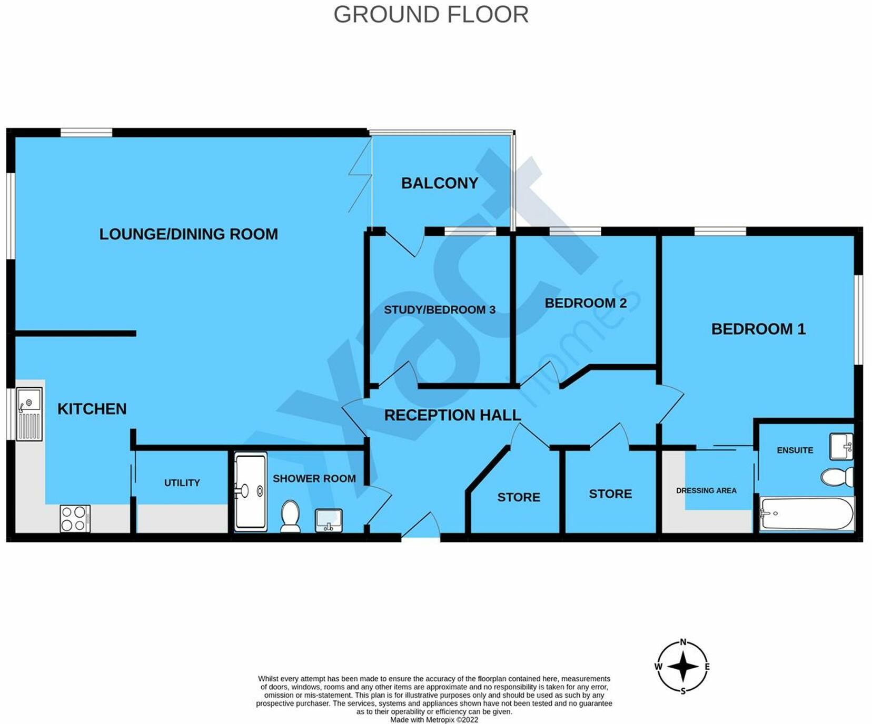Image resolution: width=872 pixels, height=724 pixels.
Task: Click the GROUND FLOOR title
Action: [431, 15]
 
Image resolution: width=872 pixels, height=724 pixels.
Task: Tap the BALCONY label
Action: [439, 183]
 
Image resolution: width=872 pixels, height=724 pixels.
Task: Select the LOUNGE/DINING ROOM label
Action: [189, 234]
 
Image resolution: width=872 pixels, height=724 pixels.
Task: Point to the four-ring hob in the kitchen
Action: [75, 518]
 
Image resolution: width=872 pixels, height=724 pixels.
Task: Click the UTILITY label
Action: [182, 482]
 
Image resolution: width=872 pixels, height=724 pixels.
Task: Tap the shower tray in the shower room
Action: [251, 491]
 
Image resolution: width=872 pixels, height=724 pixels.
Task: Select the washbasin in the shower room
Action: [329, 520]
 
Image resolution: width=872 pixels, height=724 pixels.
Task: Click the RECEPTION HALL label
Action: [452, 415]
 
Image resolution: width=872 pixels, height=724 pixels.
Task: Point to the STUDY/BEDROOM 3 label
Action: [439, 310]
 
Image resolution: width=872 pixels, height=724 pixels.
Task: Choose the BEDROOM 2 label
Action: [586, 303]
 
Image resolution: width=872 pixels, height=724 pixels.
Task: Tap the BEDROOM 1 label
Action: [758, 329]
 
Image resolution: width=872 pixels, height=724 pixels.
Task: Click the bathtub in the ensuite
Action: [806, 514]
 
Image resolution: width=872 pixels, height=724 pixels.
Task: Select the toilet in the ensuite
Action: [837, 477]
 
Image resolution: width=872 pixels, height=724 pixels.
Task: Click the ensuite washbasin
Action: [841, 446]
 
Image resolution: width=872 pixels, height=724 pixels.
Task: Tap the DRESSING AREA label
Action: [706, 490]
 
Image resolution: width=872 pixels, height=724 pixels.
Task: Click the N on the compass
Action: [683, 642]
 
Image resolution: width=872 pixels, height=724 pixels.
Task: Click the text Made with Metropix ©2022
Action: [434, 720]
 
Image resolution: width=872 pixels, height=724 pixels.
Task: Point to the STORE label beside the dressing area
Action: [610, 494]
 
